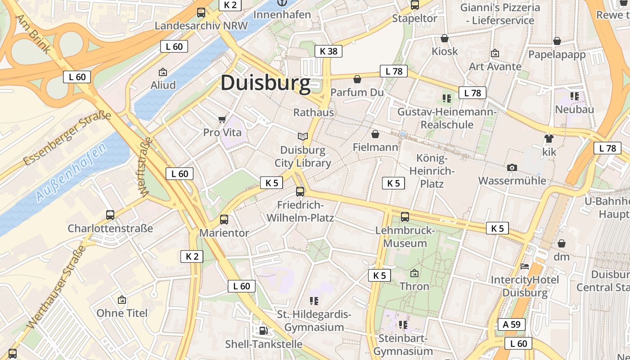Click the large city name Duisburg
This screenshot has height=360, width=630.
click(265, 83)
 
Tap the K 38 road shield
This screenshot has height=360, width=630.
click(328, 51)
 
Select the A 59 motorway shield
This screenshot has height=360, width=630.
click(512, 324)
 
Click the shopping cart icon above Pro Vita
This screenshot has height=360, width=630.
click(222, 119)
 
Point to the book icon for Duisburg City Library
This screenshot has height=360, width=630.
click(303, 136)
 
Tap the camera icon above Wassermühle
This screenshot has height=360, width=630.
click(512, 168)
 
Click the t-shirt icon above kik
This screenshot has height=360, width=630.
click(549, 139)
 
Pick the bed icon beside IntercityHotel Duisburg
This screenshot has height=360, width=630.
click(525, 266)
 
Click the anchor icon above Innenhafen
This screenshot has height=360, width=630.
click(282, 3)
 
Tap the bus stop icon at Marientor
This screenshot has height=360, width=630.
click(224, 220)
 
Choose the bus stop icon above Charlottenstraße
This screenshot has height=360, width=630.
click(110, 215)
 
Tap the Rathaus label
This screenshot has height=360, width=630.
click(314, 112)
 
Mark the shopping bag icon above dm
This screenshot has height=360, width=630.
click(562, 244)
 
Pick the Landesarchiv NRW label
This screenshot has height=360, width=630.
click(201, 26)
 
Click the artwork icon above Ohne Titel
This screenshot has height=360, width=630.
click(122, 300)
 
